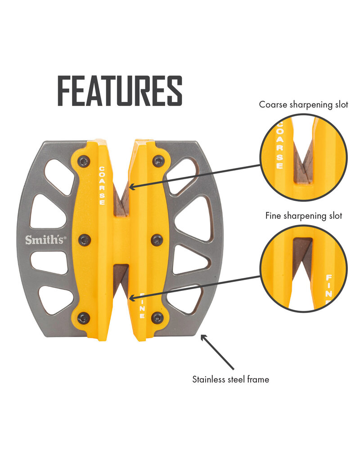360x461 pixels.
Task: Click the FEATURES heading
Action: [x=120, y=91]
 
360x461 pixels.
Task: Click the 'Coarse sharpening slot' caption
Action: [x=304, y=105]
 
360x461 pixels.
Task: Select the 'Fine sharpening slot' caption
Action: [x=304, y=216]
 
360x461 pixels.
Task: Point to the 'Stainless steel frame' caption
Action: [x=231, y=380]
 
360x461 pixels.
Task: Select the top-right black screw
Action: [x=158, y=160]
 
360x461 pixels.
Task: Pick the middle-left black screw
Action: [x=84, y=240]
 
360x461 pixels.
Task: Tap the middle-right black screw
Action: [x=157, y=240]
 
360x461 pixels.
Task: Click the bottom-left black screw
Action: [x=84, y=318]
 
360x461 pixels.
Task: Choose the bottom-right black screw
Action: [x=157, y=318]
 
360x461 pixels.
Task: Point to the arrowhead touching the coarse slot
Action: [x=131, y=185]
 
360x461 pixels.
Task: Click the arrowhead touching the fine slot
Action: [x=131, y=298]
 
